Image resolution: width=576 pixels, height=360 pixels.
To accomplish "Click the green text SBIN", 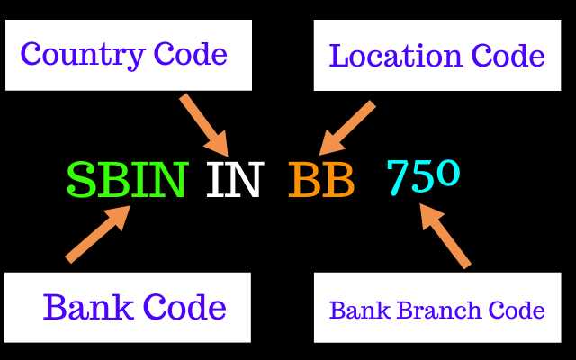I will [127, 181].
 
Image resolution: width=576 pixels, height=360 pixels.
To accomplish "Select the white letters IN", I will [233, 181].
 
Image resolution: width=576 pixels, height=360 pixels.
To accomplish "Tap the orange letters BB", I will [321, 181].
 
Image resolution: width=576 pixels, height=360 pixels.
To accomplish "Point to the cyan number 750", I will [423, 176].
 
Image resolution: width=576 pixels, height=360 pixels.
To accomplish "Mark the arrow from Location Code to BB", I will [347, 127].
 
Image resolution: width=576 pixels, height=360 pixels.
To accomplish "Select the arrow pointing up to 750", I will [445, 235].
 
